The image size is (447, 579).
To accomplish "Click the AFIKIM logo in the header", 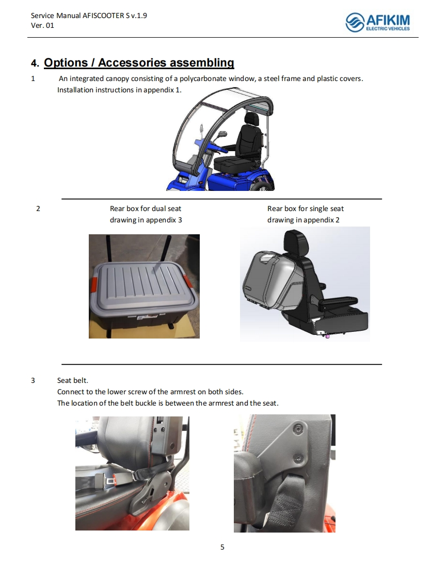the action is (377, 22).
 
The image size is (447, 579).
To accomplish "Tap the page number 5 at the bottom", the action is (222, 547).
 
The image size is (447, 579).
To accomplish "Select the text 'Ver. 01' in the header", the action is (42, 25).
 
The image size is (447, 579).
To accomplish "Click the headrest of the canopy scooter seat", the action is (251, 119).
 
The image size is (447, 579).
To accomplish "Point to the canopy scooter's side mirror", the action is (222, 135).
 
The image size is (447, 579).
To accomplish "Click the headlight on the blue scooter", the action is (183, 180).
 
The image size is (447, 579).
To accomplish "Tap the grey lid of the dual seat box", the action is (143, 283).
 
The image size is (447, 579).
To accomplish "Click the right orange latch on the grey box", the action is (188, 282).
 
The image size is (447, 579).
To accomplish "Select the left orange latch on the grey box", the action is (93, 285).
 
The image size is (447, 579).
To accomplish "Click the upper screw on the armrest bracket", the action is (298, 429).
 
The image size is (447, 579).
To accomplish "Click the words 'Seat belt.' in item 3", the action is (73, 380).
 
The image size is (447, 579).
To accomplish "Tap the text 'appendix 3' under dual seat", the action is (164, 220).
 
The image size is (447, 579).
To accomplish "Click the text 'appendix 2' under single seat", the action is (322, 220).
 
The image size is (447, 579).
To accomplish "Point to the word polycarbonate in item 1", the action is (203, 78).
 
